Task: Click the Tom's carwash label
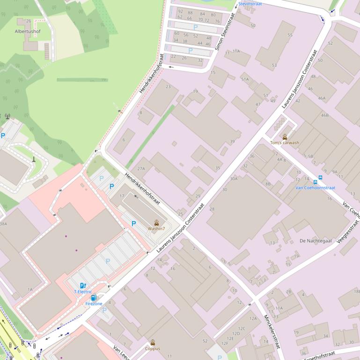pyautogui.click(x=284, y=143)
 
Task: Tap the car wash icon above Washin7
pyautogui.click(x=156, y=223)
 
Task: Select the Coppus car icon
pyautogui.click(x=153, y=342)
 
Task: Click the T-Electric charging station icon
pyautogui.click(x=83, y=285)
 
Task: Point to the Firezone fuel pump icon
pyautogui.click(x=94, y=297)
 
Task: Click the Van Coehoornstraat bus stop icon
pyautogui.click(x=320, y=182)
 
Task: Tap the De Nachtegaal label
pyautogui.click(x=316, y=241)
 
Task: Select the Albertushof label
pyautogui.click(x=28, y=31)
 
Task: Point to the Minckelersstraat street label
pyautogui.click(x=271, y=331)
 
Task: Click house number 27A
pyautogui.click(x=141, y=168)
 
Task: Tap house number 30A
pyautogui.click(x=234, y=179)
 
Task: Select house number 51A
pyautogui.click(x=245, y=79)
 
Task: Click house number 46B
pyautogui.click(x=324, y=115)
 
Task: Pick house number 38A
pyautogui.click(x=3, y=224)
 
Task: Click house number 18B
pyautogui.click(x=357, y=291)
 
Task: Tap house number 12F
pyautogui.click(x=225, y=344)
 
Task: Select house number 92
pyautogui.click(x=180, y=12)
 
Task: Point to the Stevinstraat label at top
pyautogui.click(x=250, y=4)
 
